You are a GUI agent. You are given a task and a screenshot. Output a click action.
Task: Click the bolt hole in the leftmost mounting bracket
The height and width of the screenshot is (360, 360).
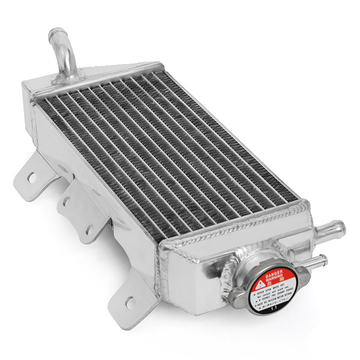(x=32, y=178)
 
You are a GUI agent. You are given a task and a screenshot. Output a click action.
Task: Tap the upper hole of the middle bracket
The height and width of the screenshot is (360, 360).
(x=66, y=201)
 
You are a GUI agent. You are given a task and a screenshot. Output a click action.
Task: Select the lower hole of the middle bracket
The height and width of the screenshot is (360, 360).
(x=89, y=229)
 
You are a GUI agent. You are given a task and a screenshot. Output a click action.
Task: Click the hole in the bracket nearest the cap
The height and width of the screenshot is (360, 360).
(x=130, y=302)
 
